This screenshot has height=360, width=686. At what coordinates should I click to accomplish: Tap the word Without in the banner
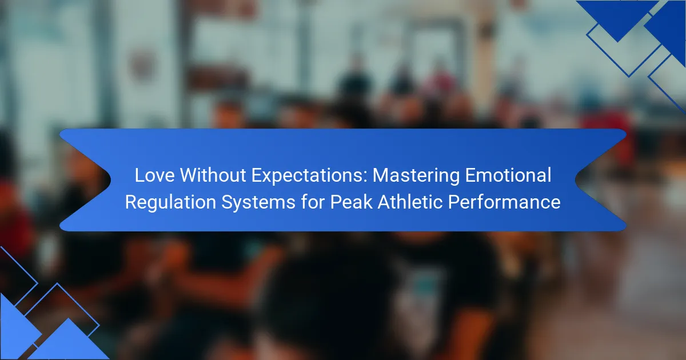[213, 175]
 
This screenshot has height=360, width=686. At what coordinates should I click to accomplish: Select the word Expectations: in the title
[309, 176]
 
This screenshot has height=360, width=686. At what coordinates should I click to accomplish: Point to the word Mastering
[416, 176]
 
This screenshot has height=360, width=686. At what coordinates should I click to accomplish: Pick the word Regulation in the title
[170, 203]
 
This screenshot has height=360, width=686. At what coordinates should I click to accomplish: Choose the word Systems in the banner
[258, 203]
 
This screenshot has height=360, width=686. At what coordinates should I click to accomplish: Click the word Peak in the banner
[351, 202]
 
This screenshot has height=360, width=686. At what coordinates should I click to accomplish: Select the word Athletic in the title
[410, 202]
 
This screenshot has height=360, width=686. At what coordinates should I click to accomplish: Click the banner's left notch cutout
[89, 179]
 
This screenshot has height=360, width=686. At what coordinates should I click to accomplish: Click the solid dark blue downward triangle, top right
[617, 15]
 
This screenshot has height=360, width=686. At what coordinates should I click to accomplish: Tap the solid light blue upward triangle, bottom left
[69, 342]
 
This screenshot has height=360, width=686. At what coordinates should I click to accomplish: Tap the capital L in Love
[139, 175]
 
